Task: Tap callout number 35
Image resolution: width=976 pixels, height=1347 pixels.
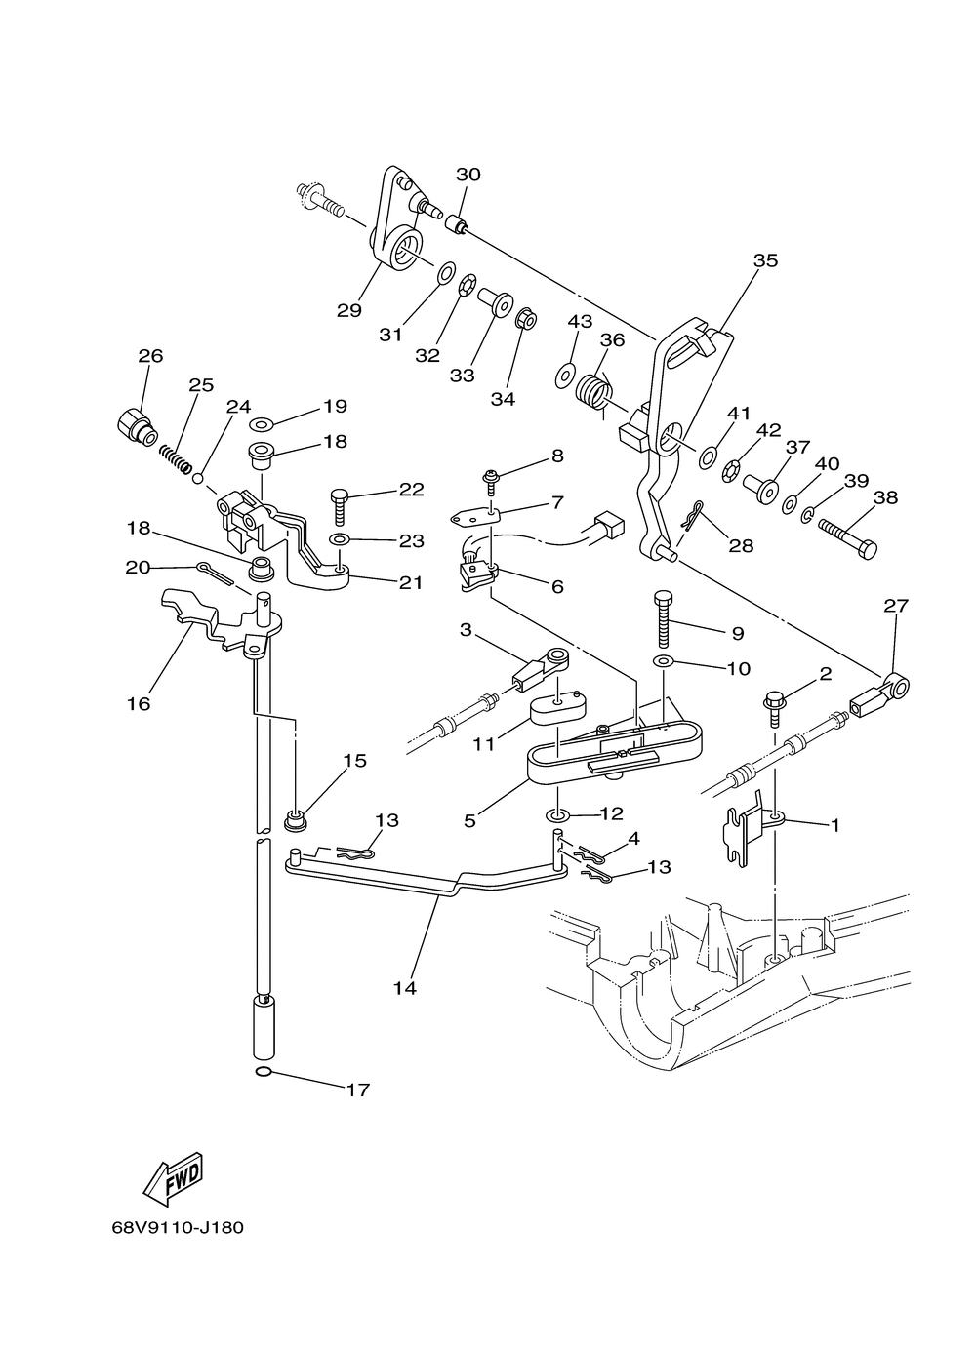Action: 765,260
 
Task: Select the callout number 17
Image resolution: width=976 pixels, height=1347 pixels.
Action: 357,1089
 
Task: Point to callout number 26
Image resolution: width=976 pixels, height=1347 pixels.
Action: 150,356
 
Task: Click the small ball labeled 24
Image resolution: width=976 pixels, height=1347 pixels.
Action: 198,479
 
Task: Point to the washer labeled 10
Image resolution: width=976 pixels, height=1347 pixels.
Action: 663,661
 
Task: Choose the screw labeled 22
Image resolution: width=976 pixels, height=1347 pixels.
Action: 338,507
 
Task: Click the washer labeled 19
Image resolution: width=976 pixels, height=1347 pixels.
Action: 261,425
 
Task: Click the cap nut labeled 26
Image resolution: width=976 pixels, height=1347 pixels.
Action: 136,426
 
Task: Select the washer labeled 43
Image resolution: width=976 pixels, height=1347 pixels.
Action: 564,376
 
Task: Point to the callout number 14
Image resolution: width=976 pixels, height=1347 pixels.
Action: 404,988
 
